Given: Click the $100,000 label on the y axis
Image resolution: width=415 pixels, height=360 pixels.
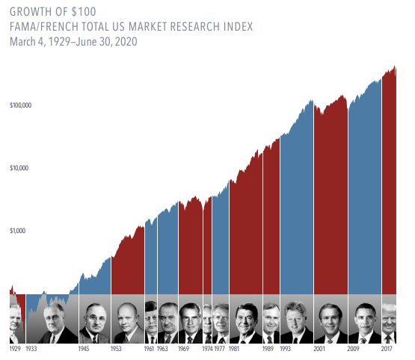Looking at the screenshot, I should [x=21, y=106].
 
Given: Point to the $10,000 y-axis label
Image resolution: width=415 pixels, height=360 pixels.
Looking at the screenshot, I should [x=20, y=168].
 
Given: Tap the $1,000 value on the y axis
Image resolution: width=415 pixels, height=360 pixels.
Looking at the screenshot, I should [x=19, y=231].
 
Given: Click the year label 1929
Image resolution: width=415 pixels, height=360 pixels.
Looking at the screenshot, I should [x=15, y=349].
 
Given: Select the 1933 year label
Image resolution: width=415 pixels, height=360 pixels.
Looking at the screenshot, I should [x=31, y=349].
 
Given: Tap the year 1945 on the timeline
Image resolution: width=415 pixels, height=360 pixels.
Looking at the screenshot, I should [x=84, y=349].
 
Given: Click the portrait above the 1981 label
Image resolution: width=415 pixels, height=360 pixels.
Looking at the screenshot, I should [x=246, y=321].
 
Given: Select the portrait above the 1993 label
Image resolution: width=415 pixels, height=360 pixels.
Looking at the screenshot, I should [x=296, y=321].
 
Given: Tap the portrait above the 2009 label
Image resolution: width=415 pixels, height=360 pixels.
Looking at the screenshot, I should [x=364, y=321].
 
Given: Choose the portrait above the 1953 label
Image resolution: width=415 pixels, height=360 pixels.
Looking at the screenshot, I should [x=127, y=321].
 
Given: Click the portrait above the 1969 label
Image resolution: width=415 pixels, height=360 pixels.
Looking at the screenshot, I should [x=190, y=321].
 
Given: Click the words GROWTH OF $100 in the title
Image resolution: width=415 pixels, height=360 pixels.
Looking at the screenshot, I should [x=52, y=12].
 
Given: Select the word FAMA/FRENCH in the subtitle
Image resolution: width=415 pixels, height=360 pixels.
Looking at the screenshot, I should [x=39, y=27].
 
